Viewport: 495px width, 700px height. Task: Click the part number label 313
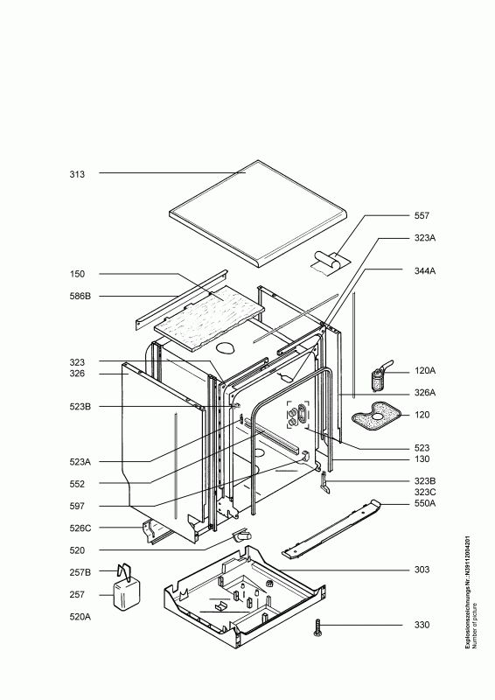(77, 174)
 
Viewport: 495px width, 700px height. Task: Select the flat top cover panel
(258, 214)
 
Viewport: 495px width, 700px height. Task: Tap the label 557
(422, 215)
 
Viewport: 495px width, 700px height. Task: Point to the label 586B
(80, 296)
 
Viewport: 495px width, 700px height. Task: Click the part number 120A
(425, 370)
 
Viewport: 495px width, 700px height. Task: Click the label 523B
(80, 407)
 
